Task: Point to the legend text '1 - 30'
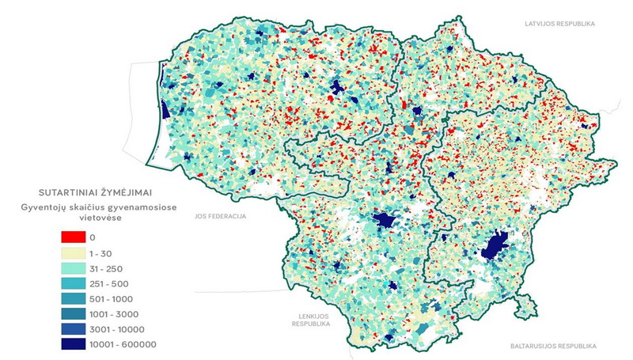(101, 253)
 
